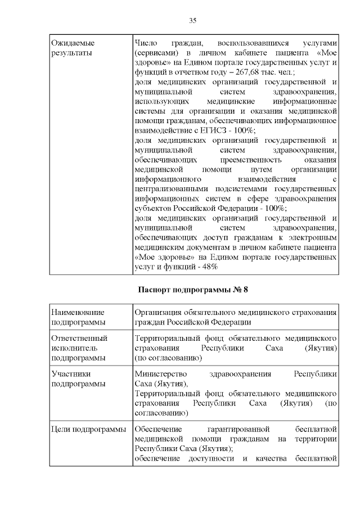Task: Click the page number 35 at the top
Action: (192, 21)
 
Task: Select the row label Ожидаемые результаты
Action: (73, 47)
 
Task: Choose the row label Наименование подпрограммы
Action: (77, 317)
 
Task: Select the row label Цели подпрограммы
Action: (88, 430)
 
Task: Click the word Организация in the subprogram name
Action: (161, 312)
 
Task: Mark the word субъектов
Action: (154, 208)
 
